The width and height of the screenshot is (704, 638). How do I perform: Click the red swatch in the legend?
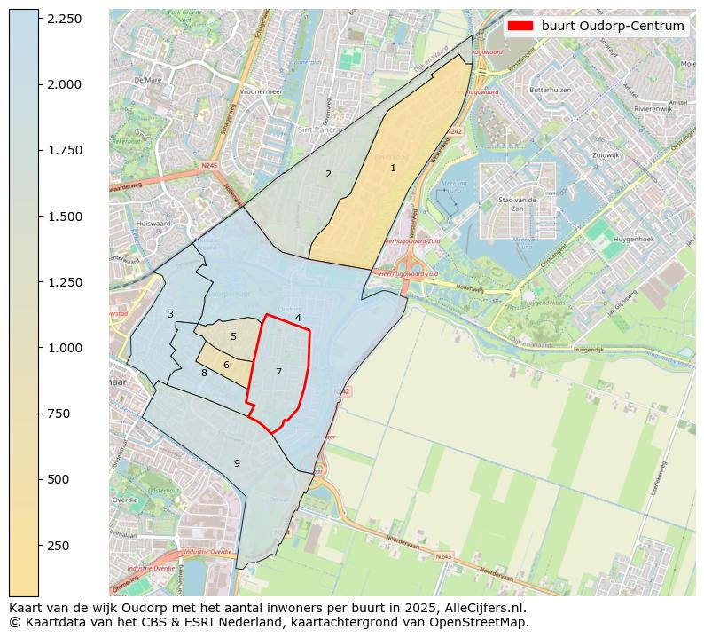tap(520, 26)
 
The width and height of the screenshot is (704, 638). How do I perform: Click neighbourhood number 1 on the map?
tap(393, 168)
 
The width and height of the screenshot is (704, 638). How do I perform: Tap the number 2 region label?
tap(328, 174)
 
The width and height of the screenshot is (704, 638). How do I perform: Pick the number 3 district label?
tap(170, 314)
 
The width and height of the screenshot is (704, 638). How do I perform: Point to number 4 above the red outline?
tap(298, 318)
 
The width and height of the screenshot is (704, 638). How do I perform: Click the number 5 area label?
tap(233, 336)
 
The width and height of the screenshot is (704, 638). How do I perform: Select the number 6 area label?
tap(226, 365)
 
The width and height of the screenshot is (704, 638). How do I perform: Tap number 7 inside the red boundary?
tap(278, 372)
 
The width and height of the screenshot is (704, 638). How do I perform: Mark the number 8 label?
tap(204, 373)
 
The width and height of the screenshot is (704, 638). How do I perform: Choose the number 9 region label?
tap(237, 463)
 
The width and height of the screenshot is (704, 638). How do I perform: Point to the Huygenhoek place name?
tap(633, 239)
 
